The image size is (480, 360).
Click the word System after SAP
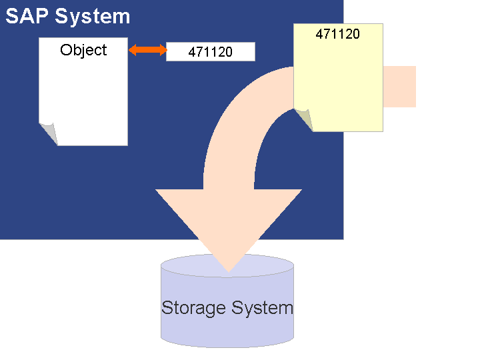[x=93, y=16]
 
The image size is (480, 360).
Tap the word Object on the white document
[x=83, y=50]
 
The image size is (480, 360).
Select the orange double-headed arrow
[x=148, y=49]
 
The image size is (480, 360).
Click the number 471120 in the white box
[x=210, y=52]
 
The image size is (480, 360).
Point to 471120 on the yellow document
[x=337, y=34]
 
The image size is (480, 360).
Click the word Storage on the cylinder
[x=193, y=308]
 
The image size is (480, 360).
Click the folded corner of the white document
[x=49, y=133]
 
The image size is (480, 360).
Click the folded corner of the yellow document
[x=304, y=119]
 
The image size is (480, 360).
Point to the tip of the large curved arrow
[x=229, y=270]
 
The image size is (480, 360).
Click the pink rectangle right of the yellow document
[x=399, y=87]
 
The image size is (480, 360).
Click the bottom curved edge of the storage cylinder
[x=227, y=346]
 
